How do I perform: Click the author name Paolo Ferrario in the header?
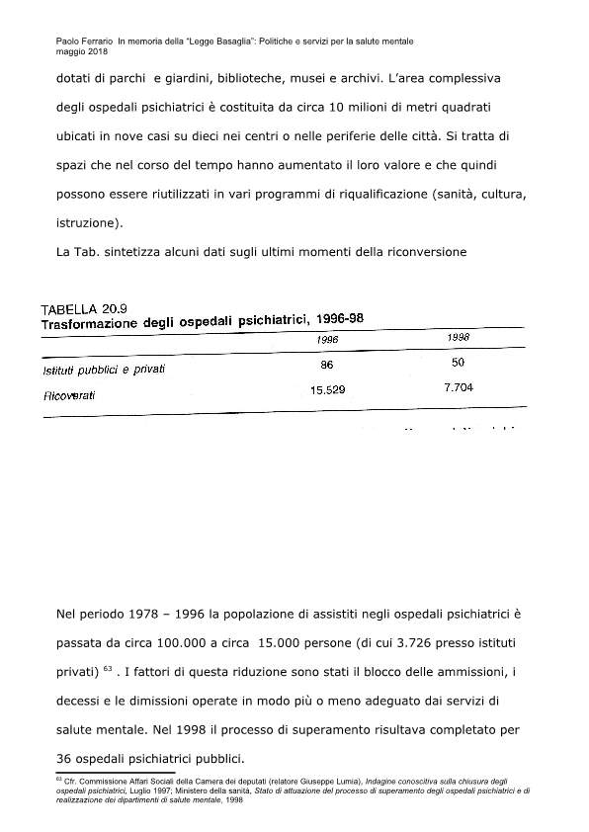click(84, 42)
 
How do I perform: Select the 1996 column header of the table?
click(328, 338)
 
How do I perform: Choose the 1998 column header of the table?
click(458, 337)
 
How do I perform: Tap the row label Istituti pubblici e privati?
click(104, 370)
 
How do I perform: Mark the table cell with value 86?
click(328, 365)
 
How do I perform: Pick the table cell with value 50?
click(458, 363)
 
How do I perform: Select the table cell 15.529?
click(328, 390)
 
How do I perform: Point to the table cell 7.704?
click(459, 387)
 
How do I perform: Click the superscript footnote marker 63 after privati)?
click(109, 668)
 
